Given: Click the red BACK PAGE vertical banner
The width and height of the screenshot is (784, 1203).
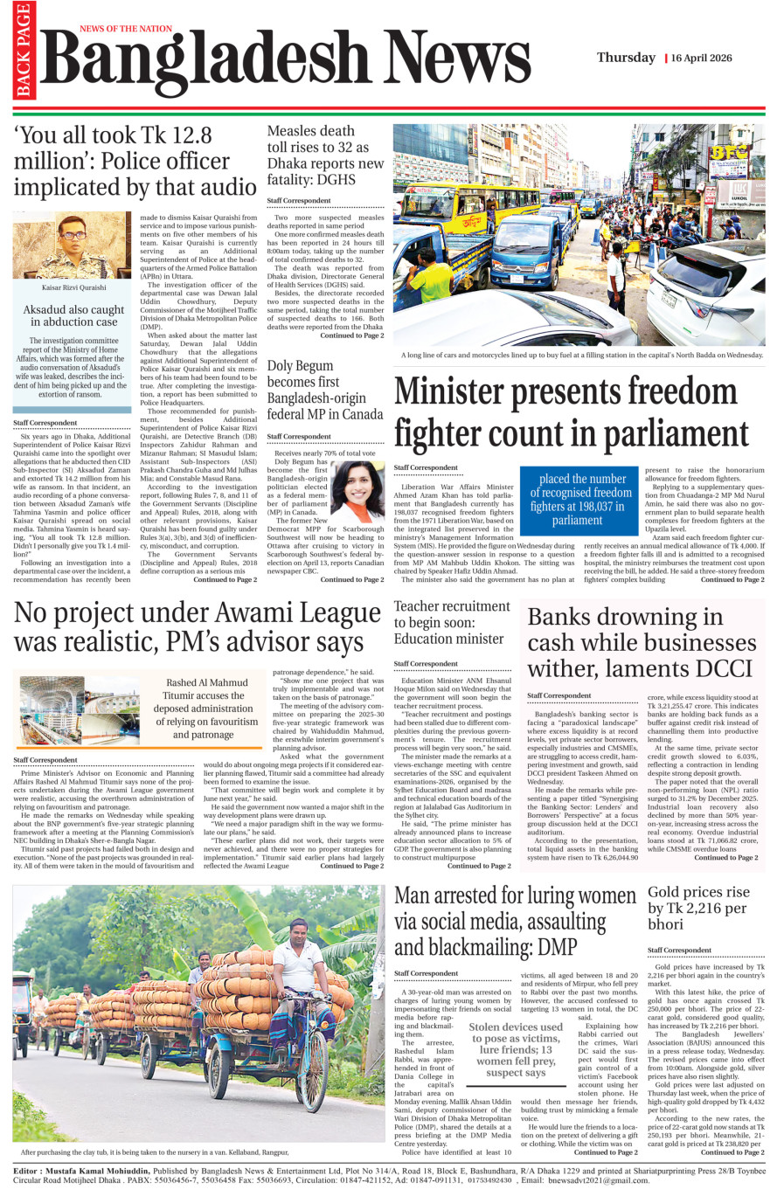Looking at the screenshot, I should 23,51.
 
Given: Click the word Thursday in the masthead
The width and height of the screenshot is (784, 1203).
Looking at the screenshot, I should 626,58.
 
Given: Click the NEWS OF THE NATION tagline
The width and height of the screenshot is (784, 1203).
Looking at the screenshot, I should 126,29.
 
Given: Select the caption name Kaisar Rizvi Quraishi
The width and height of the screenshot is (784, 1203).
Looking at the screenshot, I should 73,287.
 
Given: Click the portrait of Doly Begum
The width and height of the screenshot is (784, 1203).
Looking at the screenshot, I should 358,491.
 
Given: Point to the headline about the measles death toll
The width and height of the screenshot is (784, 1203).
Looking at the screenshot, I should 325,155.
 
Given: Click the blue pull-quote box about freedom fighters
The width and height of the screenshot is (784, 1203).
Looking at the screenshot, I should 578,499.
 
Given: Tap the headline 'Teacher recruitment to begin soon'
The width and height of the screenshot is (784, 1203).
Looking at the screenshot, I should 451,622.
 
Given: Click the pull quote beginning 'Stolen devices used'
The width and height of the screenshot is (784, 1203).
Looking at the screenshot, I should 516,1049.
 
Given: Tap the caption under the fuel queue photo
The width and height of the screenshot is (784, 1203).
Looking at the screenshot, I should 581,356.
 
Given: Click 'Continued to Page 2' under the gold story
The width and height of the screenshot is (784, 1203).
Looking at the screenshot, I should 732,1152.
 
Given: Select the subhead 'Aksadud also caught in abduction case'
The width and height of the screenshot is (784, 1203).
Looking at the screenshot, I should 73,315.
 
